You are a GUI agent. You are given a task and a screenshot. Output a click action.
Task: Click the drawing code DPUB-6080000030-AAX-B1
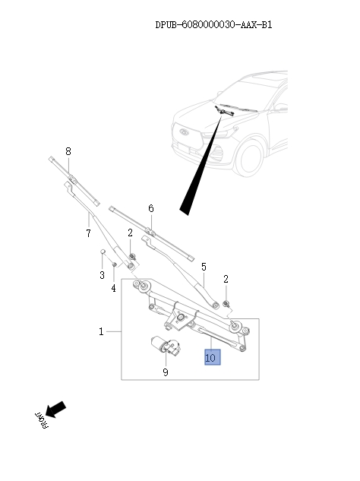tap(213, 25)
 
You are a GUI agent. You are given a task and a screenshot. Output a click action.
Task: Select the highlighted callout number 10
tap(210, 356)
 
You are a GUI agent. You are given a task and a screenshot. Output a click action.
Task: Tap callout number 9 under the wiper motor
tap(165, 372)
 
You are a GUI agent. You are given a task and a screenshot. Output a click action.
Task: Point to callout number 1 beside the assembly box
tap(101, 332)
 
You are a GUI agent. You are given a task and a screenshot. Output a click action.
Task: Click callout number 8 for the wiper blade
tap(68, 152)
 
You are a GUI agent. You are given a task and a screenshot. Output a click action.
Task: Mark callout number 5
tap(204, 267)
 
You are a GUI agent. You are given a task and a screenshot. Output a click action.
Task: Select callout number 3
tap(101, 275)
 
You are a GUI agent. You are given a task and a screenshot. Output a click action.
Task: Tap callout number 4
tap(114, 288)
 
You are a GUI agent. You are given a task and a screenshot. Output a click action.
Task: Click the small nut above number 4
tap(114, 264)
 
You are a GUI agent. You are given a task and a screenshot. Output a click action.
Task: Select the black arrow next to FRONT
tap(56, 410)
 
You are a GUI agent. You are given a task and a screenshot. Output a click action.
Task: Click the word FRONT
tap(40, 422)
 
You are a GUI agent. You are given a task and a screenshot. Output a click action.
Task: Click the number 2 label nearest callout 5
tap(226, 279)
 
